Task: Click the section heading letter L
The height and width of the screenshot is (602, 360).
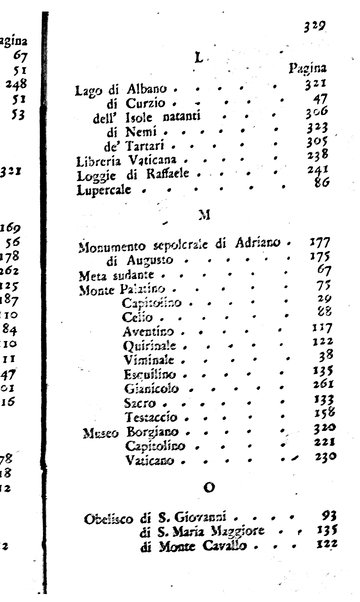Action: click(x=197, y=59)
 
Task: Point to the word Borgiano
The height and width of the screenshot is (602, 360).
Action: click(x=153, y=426)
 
